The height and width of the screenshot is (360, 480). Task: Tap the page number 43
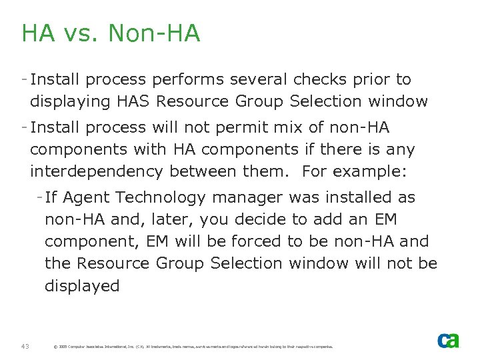25,346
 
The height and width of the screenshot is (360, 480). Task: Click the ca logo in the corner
448,340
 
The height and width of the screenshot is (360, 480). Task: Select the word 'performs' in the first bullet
188,79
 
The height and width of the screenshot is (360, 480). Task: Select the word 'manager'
247,197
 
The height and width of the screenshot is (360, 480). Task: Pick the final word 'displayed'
82,286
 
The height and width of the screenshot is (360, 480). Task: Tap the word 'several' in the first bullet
257,79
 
